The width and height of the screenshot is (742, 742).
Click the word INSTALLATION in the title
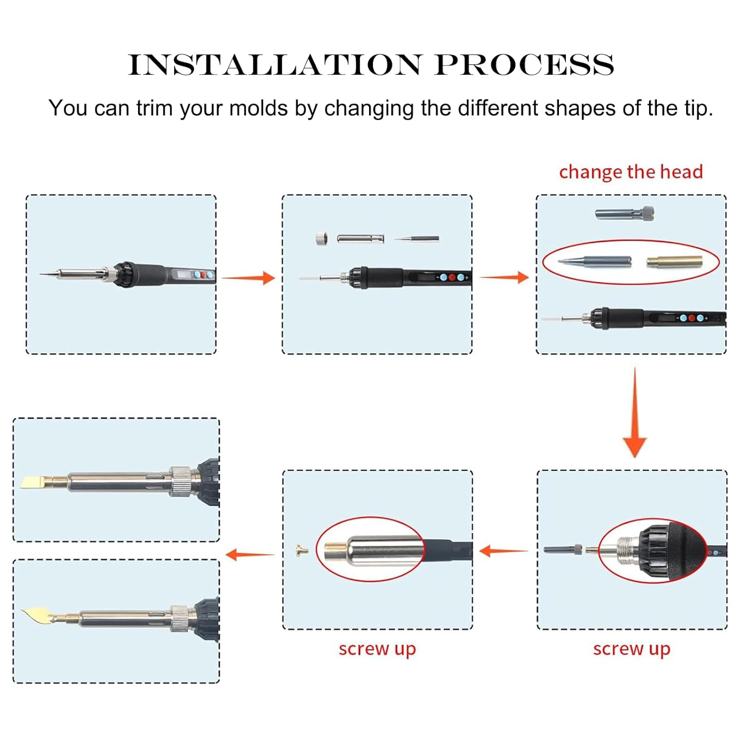(x=275, y=65)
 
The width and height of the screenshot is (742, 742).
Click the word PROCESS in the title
(x=525, y=65)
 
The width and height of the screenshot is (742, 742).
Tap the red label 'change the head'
(x=631, y=172)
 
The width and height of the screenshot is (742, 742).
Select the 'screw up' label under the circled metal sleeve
(x=377, y=649)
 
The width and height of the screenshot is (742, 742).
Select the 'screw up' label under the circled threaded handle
(x=632, y=649)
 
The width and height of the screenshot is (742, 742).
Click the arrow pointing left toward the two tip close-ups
(x=250, y=555)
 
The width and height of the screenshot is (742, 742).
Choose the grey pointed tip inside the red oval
(x=595, y=261)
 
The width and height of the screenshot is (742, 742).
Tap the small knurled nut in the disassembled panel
(x=322, y=239)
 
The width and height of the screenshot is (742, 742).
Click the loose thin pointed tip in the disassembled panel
(x=417, y=239)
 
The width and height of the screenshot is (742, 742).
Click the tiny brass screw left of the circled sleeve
(x=301, y=550)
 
